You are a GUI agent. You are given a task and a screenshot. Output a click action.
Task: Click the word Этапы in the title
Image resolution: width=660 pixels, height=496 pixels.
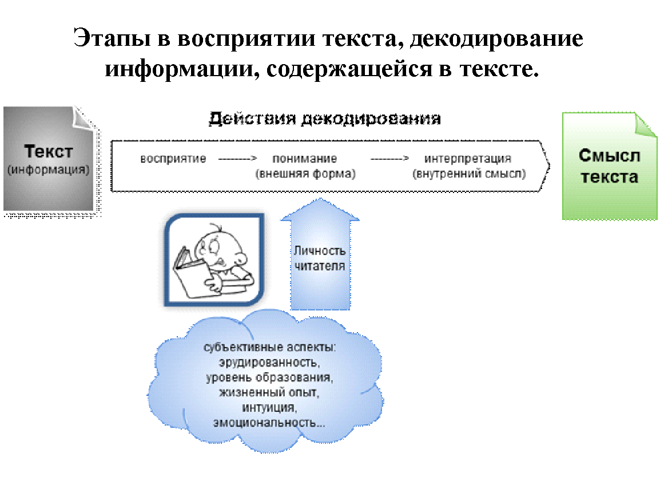112,38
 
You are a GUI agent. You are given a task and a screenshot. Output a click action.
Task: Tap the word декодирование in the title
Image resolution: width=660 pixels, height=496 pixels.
496,39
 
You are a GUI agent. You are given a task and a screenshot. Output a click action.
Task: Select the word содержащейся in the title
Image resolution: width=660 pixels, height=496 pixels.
349,69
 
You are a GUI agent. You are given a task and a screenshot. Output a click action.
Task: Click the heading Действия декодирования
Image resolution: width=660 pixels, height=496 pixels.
324,119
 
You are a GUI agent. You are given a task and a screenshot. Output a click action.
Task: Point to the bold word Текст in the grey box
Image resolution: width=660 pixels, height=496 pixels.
49,151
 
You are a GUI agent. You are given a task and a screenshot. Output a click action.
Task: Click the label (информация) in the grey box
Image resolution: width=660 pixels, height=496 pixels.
49,170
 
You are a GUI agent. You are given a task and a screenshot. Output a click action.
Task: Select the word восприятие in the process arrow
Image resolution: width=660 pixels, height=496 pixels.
173,159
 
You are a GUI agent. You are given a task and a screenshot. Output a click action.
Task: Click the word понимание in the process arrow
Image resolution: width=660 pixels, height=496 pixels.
305,159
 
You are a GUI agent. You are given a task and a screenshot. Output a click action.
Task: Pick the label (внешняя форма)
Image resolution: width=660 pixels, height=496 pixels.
305,174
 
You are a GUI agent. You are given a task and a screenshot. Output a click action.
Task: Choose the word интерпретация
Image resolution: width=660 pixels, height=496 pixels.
468,159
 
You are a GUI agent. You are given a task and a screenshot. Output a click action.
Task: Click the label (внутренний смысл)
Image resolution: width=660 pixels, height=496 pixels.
469,174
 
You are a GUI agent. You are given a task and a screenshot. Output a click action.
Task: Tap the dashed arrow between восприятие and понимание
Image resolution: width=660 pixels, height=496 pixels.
237,159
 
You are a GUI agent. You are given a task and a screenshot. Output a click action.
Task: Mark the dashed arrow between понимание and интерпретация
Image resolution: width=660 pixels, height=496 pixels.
389,159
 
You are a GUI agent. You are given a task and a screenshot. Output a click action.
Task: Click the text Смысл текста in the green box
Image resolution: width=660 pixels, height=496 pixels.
610,166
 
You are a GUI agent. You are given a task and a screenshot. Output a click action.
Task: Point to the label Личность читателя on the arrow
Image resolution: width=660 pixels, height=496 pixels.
320,258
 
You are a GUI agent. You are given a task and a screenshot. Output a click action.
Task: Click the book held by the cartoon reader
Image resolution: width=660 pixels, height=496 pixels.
192,273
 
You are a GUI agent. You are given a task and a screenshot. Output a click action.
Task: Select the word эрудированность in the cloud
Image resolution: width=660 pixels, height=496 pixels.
269,363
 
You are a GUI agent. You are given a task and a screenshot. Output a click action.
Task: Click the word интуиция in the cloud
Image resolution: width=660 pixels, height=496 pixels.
269,407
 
